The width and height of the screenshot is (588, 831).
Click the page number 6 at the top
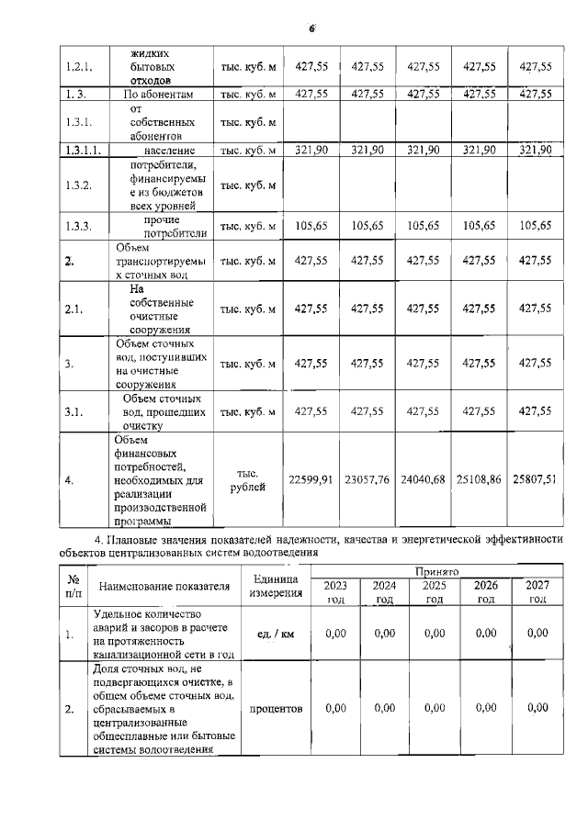311,28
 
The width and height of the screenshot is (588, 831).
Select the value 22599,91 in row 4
311,479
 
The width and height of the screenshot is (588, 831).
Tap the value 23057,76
367,479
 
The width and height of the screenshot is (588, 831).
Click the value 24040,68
423,479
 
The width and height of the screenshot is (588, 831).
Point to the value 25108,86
479,479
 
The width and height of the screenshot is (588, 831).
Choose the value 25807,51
536,479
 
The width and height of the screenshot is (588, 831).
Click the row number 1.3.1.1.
82,150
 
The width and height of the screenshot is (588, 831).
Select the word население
169,150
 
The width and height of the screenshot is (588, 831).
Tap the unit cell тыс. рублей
248,480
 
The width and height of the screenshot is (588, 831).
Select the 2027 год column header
537,591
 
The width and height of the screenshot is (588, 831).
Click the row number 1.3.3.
77,226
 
